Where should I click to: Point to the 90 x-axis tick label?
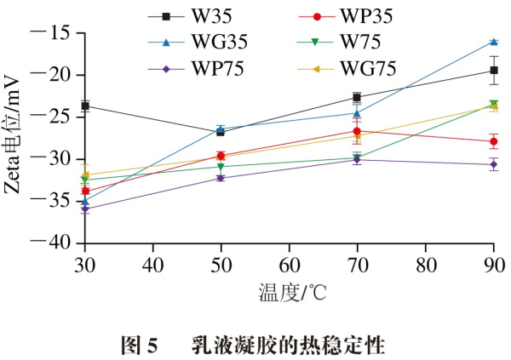pos(493,261)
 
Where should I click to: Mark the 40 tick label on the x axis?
pos(152,261)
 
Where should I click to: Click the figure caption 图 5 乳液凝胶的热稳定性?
pos(255,345)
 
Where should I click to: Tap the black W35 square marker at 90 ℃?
pos(493,71)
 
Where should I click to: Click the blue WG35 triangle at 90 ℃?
pos(493,42)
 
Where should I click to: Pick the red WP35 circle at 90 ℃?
pos(493,141)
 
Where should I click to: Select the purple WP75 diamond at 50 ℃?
pos(221,178)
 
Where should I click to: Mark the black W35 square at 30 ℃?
pos(84,106)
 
